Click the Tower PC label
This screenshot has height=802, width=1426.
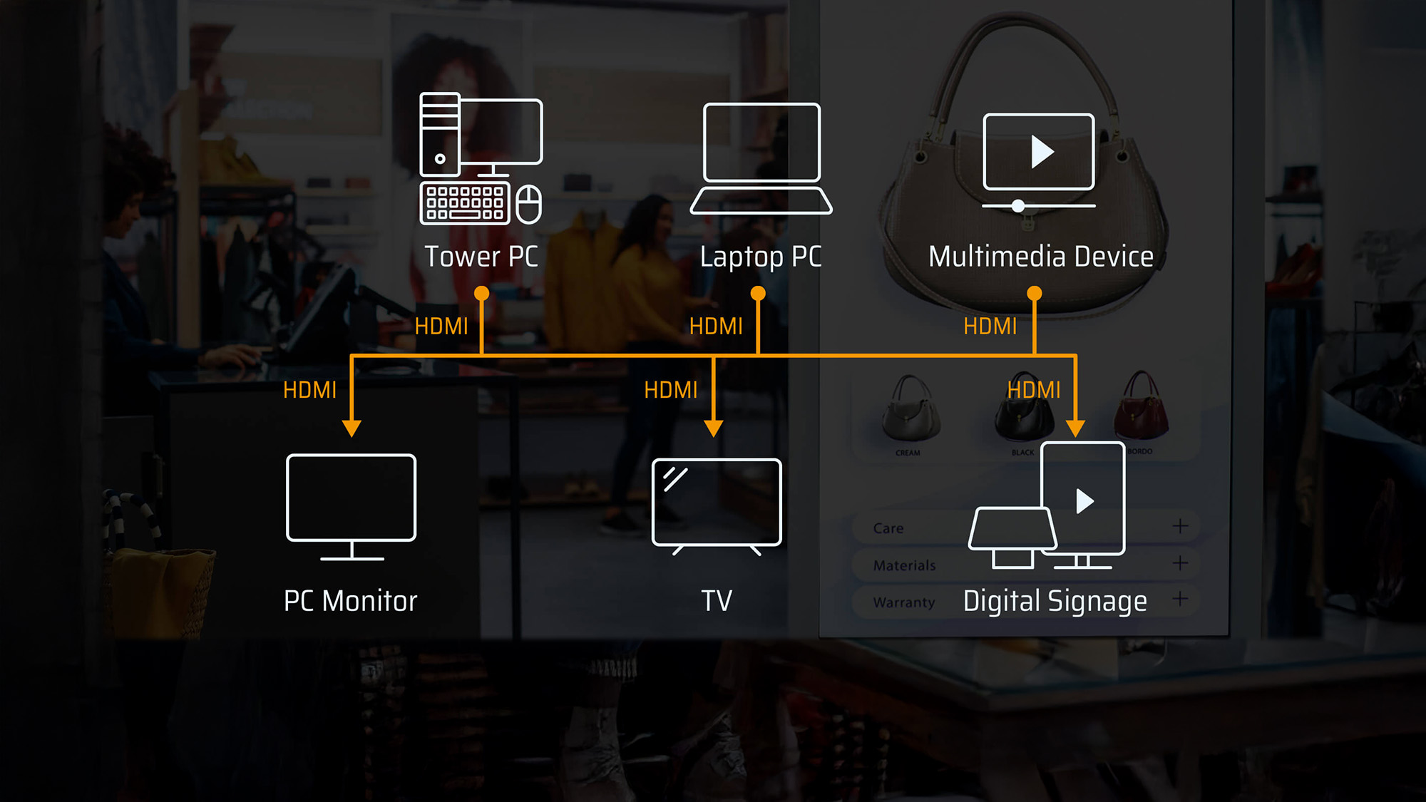click(x=481, y=257)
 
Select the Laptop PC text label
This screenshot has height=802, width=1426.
click(x=760, y=257)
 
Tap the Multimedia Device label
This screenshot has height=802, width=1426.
click(x=1040, y=257)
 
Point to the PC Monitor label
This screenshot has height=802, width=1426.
click(x=350, y=601)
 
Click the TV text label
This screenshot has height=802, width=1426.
click(x=717, y=601)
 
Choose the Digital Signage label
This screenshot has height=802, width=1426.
click(x=1055, y=601)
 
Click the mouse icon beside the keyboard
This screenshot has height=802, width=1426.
click(x=528, y=204)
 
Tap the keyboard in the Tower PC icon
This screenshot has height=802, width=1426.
click(x=465, y=203)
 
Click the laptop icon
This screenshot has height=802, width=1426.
click(x=761, y=158)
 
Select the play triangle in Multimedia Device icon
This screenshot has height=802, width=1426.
click(x=1042, y=152)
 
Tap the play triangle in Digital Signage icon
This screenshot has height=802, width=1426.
click(x=1084, y=501)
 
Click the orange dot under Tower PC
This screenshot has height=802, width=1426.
click(x=482, y=294)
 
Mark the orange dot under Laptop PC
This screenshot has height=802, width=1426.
click(x=758, y=294)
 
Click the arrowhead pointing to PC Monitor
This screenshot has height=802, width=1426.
click(x=352, y=428)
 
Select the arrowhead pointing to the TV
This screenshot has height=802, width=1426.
click(x=714, y=428)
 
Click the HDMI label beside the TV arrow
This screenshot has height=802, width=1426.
click(x=670, y=390)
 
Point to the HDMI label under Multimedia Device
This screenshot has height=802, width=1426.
click(x=990, y=327)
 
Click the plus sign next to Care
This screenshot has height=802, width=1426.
click(x=1180, y=526)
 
